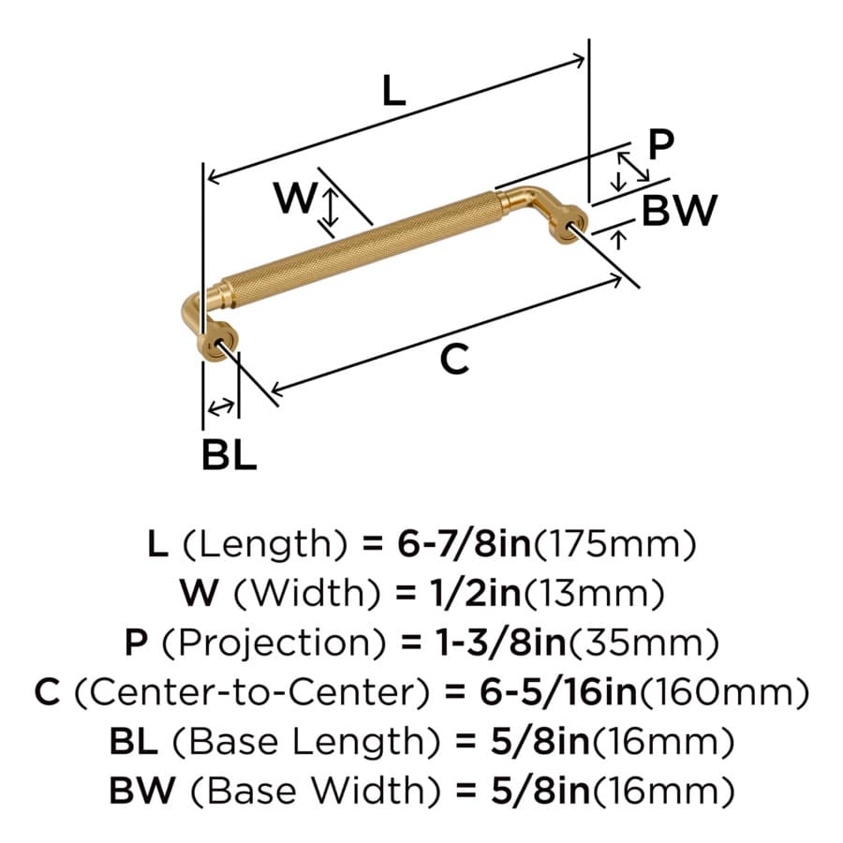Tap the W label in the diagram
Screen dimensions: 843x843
[x=295, y=198]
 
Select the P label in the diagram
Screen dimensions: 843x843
[x=660, y=144]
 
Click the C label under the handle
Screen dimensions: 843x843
[x=454, y=359]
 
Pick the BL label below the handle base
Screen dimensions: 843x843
[x=229, y=455]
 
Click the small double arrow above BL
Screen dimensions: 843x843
[x=221, y=407]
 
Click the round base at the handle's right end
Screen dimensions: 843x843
[x=569, y=226]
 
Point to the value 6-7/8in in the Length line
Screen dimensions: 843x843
[x=464, y=543]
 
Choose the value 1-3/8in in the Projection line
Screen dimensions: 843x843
[x=500, y=642]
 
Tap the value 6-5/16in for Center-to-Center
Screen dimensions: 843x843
[x=558, y=691]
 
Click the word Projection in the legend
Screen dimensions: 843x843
[x=274, y=643]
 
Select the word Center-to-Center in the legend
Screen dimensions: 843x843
[x=252, y=692]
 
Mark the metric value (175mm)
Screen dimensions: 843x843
[x=614, y=543]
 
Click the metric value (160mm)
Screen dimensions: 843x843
[x=724, y=691]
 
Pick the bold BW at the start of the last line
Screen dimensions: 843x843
[x=142, y=791]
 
